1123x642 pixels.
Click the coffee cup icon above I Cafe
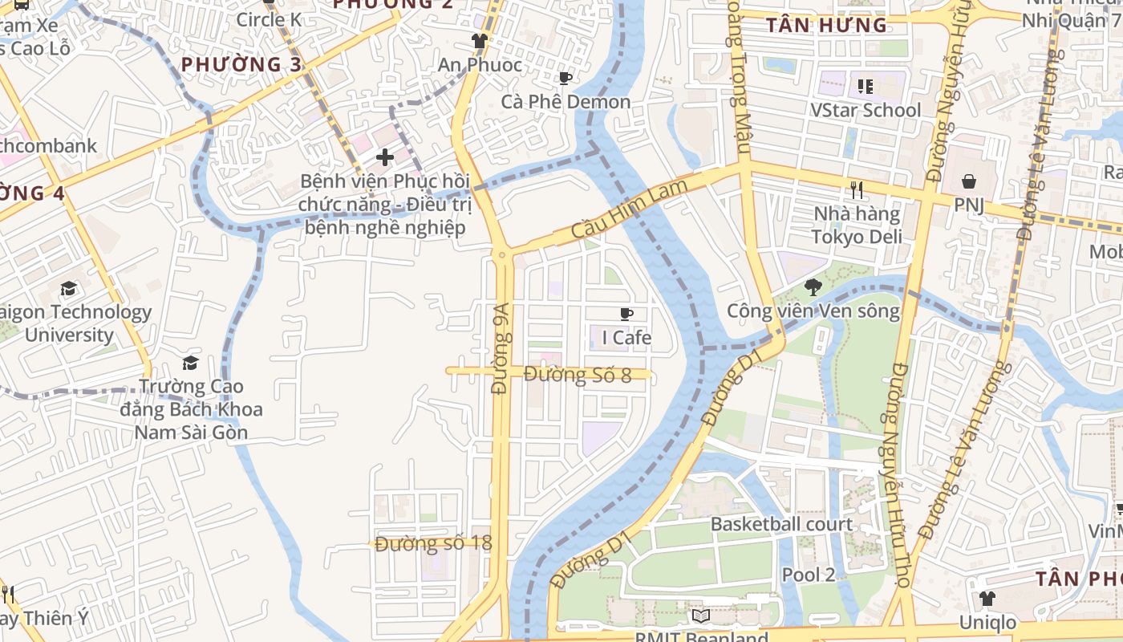click(626, 314)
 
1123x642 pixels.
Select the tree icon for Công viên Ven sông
click(813, 286)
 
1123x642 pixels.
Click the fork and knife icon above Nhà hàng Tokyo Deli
click(857, 190)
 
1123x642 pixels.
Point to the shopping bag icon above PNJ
click(969, 181)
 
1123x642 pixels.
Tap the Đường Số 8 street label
click(578, 374)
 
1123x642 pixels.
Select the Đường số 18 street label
click(433, 543)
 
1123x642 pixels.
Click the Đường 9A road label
click(501, 348)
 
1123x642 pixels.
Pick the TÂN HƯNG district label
click(826, 26)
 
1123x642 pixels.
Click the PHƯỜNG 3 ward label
click(241, 64)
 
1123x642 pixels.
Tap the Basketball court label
click(781, 524)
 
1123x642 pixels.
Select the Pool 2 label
click(809, 575)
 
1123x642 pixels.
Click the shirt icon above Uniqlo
click(987, 598)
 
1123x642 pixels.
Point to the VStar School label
click(866, 110)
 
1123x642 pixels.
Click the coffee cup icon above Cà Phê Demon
click(566, 78)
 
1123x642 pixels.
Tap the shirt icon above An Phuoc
click(480, 40)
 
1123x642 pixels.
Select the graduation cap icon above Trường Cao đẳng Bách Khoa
click(190, 363)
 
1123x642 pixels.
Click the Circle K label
click(269, 19)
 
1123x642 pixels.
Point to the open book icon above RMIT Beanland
click(700, 616)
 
